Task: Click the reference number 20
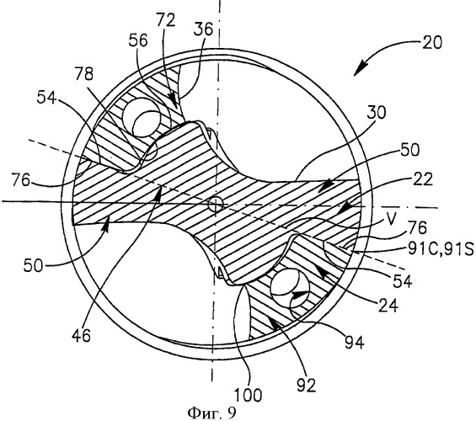pos(431,43)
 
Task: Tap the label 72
pos(166,20)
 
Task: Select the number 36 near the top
pos(203,29)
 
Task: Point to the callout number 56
pos(138,40)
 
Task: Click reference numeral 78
pos(83,74)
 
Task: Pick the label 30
pos(376,112)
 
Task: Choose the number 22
pos(423,179)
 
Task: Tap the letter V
pos(392,219)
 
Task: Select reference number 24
pos(388,306)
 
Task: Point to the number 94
pos(354,343)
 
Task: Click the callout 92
pos(306,386)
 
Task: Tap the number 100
pos(248,395)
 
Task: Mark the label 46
pos(81,336)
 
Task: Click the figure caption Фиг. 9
pos(211,413)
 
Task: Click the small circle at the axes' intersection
pos(216,204)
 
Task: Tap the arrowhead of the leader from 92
pos(270,322)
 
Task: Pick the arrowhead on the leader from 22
pos(342,210)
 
